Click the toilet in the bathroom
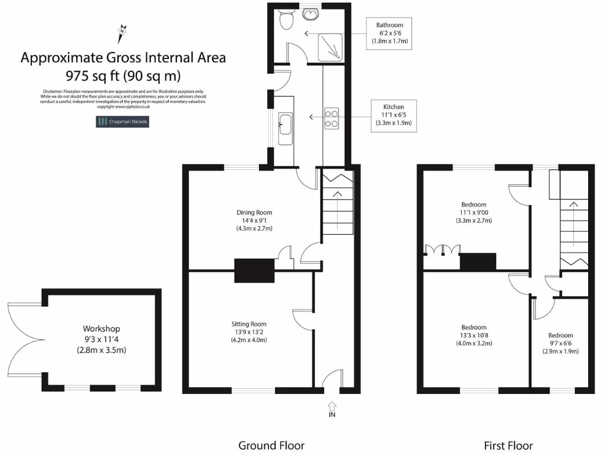[286, 19]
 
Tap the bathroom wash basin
[310, 14]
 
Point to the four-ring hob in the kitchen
[331, 119]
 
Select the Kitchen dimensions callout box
[393, 115]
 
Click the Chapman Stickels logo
[123, 122]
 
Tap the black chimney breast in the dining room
[255, 271]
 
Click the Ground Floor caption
[271, 445]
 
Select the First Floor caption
[508, 445]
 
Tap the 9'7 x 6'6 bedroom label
[560, 343]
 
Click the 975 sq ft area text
[123, 75]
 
